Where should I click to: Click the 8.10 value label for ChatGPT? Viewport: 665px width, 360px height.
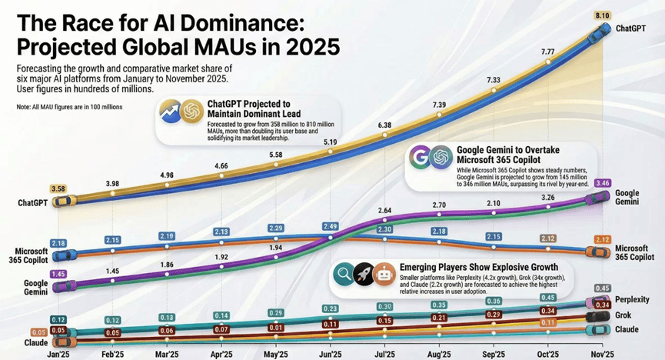coord(602,14)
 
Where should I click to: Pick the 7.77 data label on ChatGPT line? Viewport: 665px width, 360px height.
coord(548,52)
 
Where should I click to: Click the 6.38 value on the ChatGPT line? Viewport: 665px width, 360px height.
coord(384,125)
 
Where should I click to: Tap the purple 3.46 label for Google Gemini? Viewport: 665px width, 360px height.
coord(603,184)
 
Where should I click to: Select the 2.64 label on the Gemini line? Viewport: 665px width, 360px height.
coord(384,210)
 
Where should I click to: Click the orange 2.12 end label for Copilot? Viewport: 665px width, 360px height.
coord(603,239)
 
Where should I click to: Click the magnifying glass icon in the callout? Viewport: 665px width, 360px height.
coord(343,273)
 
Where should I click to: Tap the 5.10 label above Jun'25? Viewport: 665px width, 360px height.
coord(330,142)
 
